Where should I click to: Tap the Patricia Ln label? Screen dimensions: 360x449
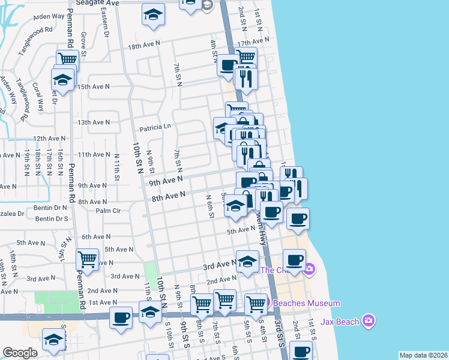[x=155, y=127]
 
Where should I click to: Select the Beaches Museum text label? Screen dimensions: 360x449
[x=307, y=304]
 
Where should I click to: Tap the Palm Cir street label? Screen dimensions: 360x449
[x=108, y=211]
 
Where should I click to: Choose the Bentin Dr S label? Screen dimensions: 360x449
[x=51, y=218]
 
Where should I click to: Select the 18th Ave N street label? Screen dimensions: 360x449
[x=144, y=44]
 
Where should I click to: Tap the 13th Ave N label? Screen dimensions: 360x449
[x=94, y=122]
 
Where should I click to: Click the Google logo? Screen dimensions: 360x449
[x=20, y=353]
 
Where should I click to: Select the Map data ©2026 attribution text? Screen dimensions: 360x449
[x=424, y=355]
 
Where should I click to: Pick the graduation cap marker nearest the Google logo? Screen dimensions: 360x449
[x=54, y=340]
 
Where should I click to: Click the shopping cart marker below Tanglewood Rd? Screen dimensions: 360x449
[x=67, y=59]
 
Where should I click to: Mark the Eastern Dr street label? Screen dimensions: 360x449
[x=106, y=24]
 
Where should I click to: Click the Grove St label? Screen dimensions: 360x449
[x=84, y=42]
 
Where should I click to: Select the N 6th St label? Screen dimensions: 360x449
[x=209, y=206]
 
